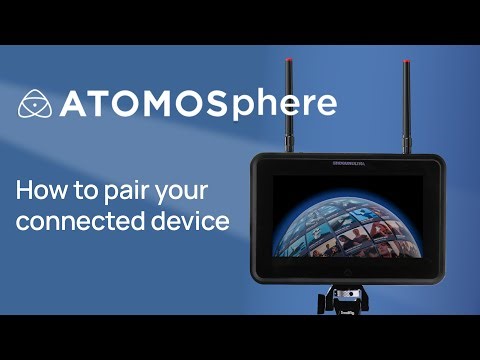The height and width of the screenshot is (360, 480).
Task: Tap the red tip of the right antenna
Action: (406, 64)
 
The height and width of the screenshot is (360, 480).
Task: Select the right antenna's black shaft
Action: (406, 105)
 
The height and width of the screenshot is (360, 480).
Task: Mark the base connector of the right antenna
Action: (406, 145)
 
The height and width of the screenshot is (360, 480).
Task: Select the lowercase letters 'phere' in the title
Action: (291, 106)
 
